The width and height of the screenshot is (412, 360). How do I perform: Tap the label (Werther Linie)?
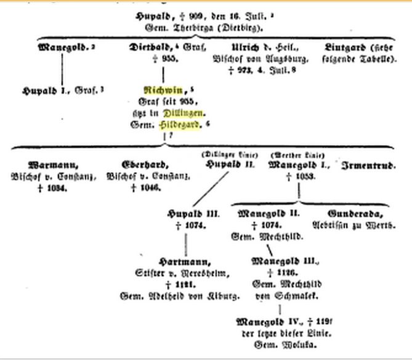(297, 154)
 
